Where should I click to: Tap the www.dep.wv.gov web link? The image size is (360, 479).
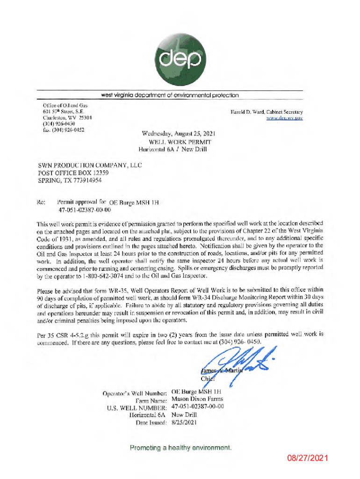pos(285,119)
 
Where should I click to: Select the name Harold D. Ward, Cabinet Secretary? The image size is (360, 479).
pos(266,112)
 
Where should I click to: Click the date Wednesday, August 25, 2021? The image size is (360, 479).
pos(178,134)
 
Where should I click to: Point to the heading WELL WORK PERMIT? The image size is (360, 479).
pos(180,142)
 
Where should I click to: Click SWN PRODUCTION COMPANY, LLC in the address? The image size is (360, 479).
pos(90,165)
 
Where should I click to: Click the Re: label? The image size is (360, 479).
pos(42,203)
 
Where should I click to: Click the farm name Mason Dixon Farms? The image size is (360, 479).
pos(197,399)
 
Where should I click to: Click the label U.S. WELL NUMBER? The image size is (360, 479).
pos(137,407)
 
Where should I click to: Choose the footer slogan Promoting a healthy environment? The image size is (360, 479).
pos(180,448)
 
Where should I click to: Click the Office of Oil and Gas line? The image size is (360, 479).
pos(58,107)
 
